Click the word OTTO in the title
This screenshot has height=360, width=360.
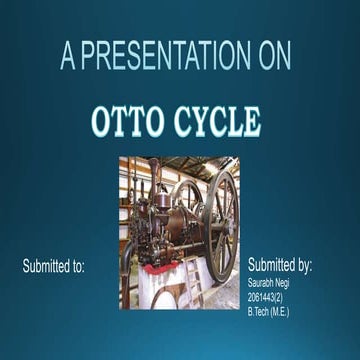(x=128, y=120)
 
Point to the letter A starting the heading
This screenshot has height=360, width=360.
(x=67, y=57)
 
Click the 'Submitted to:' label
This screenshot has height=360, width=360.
(x=54, y=267)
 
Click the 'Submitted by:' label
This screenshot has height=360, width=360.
(x=280, y=266)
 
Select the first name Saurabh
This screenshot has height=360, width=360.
(x=262, y=284)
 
